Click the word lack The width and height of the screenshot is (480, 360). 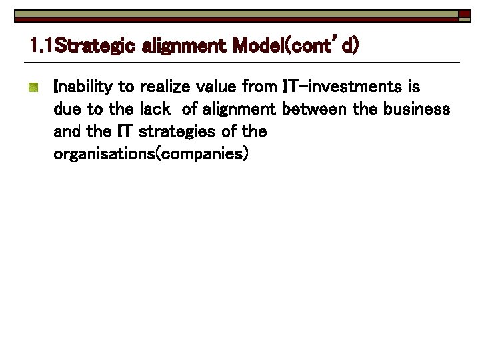coord(155,109)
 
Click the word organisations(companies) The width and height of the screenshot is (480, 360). coord(151,154)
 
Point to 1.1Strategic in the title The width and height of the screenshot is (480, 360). coord(83,46)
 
